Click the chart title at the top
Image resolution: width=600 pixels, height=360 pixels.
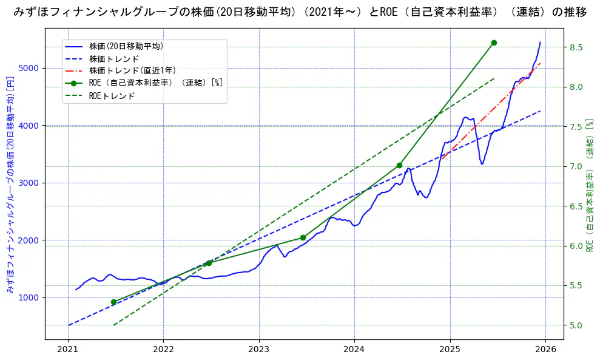(x=300, y=12)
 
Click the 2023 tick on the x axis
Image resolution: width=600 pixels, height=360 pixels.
(x=259, y=349)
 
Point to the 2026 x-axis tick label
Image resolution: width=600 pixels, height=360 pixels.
(x=545, y=349)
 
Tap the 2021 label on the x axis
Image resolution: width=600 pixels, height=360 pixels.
(x=68, y=349)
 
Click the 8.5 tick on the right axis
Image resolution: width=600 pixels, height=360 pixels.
(x=576, y=47)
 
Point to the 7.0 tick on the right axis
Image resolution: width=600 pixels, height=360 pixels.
(x=576, y=166)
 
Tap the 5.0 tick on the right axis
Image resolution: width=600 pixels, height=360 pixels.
(x=576, y=325)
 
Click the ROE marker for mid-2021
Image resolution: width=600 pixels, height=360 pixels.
(x=113, y=302)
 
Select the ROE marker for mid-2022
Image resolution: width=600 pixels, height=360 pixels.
(x=209, y=263)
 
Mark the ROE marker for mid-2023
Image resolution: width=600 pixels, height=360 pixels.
(x=303, y=237)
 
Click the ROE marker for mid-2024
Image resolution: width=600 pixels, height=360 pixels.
(x=399, y=165)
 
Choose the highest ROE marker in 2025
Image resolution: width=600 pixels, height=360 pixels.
(x=494, y=42)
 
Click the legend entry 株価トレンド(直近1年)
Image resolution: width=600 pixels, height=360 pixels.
(x=132, y=70)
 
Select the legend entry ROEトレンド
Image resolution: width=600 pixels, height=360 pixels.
(x=112, y=95)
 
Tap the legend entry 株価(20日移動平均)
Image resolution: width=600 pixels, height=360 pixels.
(x=126, y=46)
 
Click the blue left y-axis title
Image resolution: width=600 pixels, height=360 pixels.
(x=10, y=185)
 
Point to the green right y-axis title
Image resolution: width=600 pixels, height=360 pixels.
(x=590, y=185)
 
